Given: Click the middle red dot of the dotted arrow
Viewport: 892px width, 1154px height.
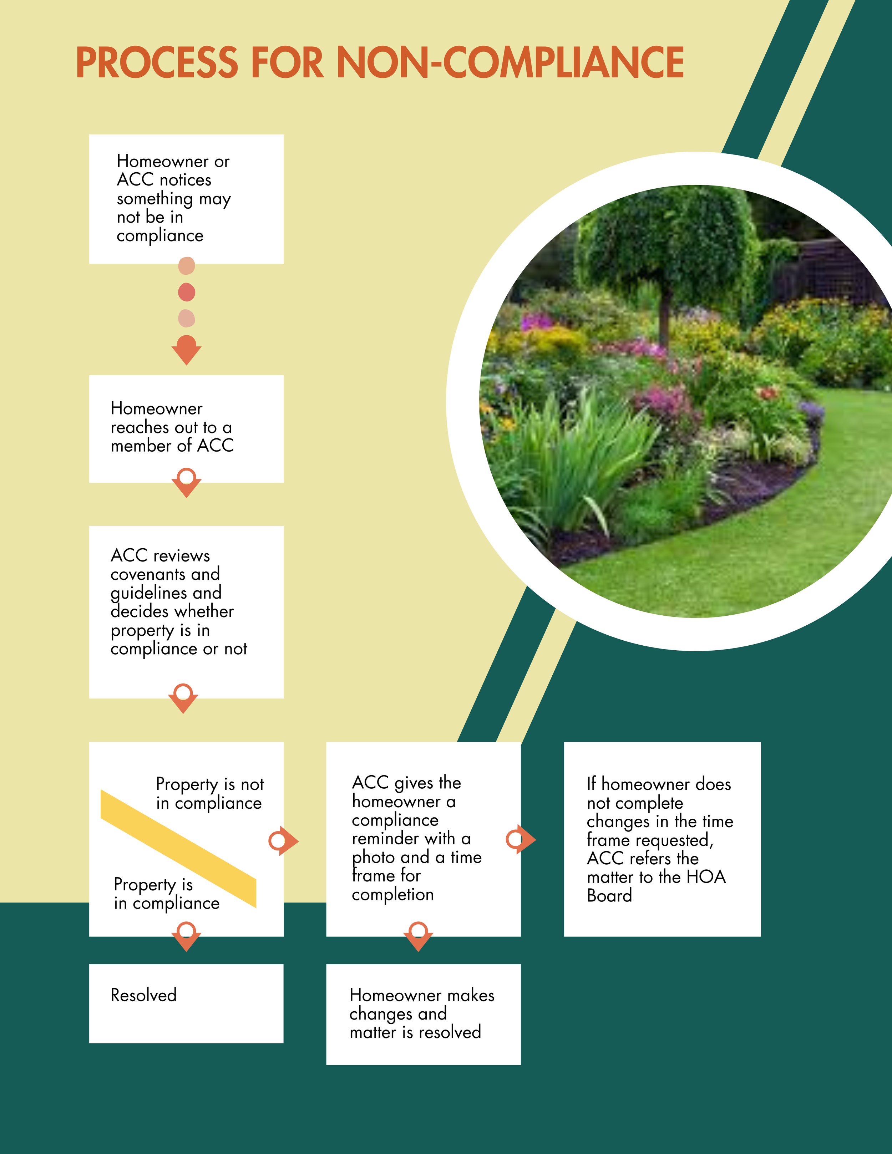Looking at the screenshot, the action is coord(187,292).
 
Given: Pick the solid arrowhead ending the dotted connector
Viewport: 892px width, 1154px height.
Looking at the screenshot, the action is coord(187,350).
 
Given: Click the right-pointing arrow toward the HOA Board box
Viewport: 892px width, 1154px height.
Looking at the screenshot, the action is coord(521,839).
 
